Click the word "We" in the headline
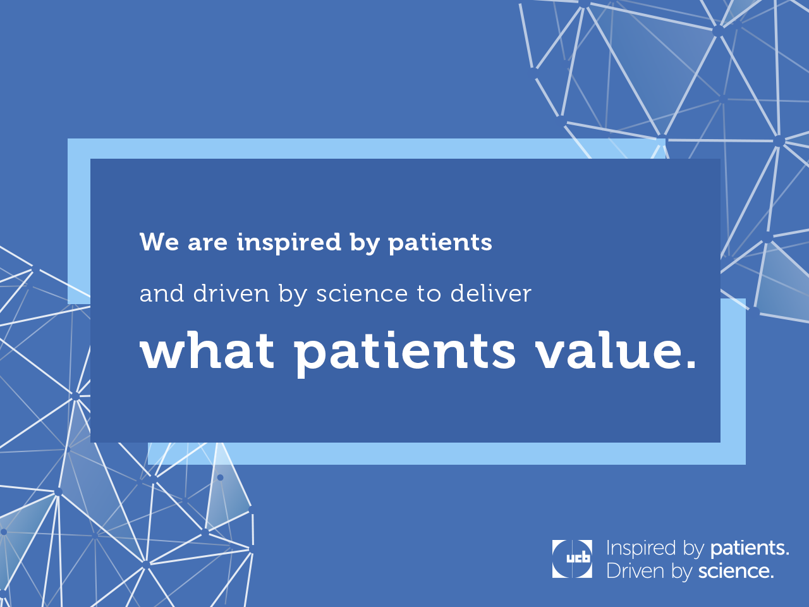click(159, 242)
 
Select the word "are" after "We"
click(207, 244)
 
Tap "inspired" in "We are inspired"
click(289, 243)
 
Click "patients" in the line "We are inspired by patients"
click(440, 243)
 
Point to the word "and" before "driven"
click(162, 293)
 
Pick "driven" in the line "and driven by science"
click(231, 293)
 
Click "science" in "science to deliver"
click(362, 295)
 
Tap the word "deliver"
click(491, 293)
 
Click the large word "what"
click(207, 350)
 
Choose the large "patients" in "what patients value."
click(404, 353)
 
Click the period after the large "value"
click(690, 364)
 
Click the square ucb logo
click(572, 559)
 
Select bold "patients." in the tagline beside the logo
click(750, 548)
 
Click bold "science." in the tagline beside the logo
click(736, 571)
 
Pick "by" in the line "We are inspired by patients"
click(365, 243)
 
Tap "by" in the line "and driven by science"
click(293, 295)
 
